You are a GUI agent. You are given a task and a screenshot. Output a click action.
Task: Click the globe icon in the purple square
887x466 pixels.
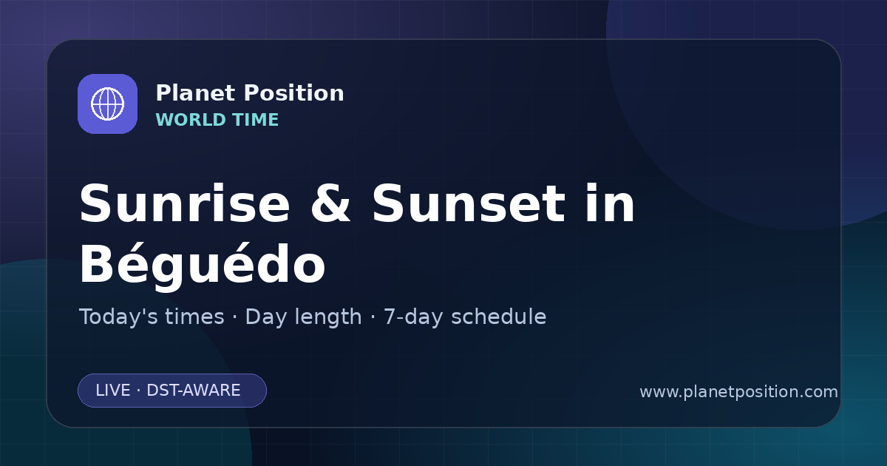click(107, 104)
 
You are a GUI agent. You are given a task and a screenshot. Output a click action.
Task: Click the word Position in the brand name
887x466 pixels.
click(294, 93)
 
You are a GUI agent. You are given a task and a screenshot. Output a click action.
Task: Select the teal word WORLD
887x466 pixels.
click(191, 120)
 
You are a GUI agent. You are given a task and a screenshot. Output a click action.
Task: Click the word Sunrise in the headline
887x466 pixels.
click(185, 203)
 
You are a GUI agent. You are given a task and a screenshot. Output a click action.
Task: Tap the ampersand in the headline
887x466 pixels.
click(330, 203)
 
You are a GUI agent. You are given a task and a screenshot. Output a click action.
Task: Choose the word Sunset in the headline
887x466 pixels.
click(469, 203)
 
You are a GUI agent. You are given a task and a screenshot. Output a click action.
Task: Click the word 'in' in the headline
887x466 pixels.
click(611, 203)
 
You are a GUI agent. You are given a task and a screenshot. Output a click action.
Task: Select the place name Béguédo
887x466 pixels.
click(203, 264)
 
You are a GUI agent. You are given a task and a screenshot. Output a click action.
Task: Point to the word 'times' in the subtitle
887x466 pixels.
click(194, 317)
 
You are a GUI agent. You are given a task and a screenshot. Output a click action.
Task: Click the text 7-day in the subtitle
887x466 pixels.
click(413, 318)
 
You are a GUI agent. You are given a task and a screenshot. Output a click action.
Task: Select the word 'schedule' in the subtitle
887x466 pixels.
click(499, 317)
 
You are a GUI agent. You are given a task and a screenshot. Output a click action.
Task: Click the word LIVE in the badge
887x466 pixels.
click(113, 391)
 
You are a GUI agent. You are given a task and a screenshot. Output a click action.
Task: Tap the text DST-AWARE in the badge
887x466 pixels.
click(194, 391)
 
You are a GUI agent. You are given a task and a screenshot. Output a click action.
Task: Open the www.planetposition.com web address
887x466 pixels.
click(739, 392)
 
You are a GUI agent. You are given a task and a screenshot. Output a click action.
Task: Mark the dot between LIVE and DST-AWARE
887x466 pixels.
click(139, 391)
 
